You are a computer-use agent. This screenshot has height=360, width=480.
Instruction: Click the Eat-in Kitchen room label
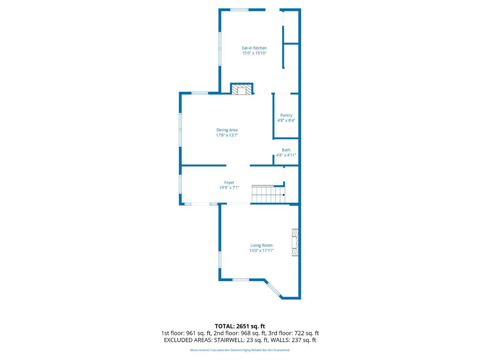254,48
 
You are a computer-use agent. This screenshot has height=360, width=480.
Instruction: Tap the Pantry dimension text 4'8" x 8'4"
286,121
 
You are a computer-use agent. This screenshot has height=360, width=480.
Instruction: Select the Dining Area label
227,130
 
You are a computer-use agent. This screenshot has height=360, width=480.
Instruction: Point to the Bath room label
286,150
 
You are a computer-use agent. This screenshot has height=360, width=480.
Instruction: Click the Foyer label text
229,182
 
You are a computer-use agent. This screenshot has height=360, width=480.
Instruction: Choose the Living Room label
261,245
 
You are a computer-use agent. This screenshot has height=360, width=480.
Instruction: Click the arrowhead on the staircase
284,195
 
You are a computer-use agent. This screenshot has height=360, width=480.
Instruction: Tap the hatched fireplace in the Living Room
295,242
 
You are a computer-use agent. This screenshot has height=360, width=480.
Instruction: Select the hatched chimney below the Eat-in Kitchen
242,89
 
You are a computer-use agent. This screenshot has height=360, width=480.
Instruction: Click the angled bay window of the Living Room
273,289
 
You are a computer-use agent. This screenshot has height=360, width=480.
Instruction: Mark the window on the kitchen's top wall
239,10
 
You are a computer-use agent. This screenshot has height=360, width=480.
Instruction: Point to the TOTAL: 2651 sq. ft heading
240,326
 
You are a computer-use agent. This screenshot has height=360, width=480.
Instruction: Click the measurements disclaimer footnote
240,350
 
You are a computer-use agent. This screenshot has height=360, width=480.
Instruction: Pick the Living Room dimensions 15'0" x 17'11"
261,251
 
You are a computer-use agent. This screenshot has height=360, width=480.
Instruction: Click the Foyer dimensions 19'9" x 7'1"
229,188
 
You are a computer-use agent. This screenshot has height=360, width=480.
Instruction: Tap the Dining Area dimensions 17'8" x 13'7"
227,135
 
